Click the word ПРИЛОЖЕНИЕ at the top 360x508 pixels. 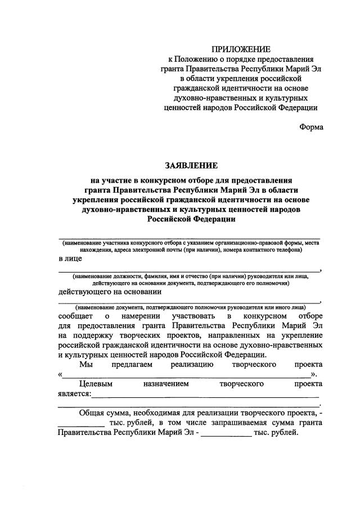241,49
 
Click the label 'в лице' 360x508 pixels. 70,258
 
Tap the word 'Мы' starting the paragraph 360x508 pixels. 85,365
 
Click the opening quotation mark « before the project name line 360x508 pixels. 60,375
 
